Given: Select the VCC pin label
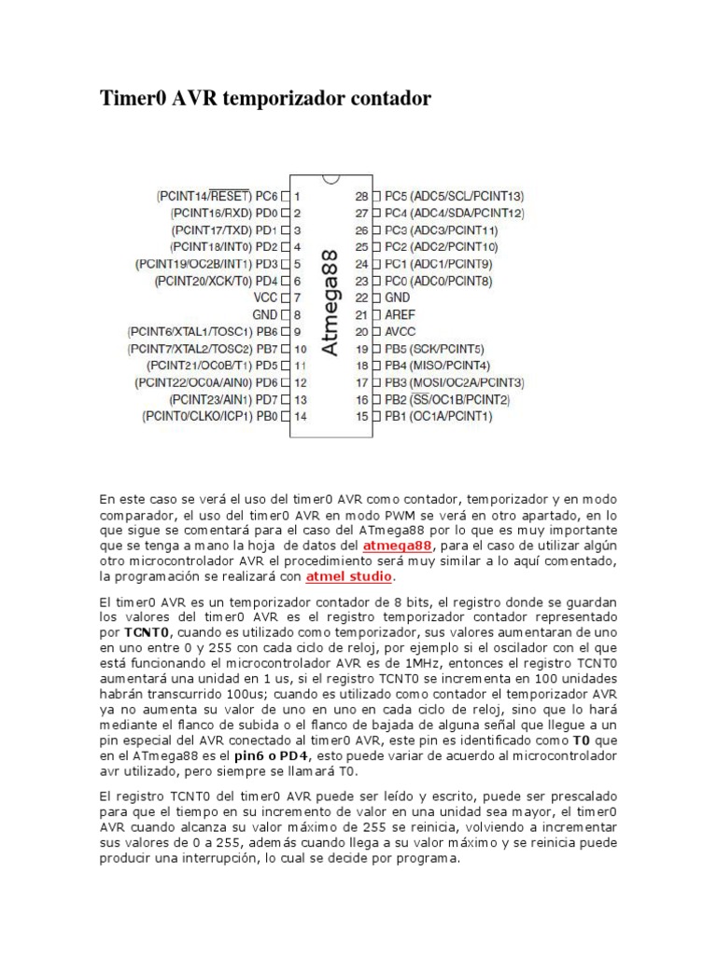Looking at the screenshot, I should (266, 298).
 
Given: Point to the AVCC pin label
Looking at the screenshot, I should (403, 331).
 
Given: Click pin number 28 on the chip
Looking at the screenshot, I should (361, 196).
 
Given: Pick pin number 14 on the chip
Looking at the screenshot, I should (300, 417).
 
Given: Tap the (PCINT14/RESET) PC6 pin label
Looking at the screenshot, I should (217, 196).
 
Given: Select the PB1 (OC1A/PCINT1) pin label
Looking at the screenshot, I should (438, 417).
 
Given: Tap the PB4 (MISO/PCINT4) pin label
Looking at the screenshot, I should (438, 366).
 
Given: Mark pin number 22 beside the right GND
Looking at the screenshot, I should (361, 298).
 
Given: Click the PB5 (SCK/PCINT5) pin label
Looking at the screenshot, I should (434, 349).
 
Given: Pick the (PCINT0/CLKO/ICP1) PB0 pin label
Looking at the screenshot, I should (210, 417).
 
